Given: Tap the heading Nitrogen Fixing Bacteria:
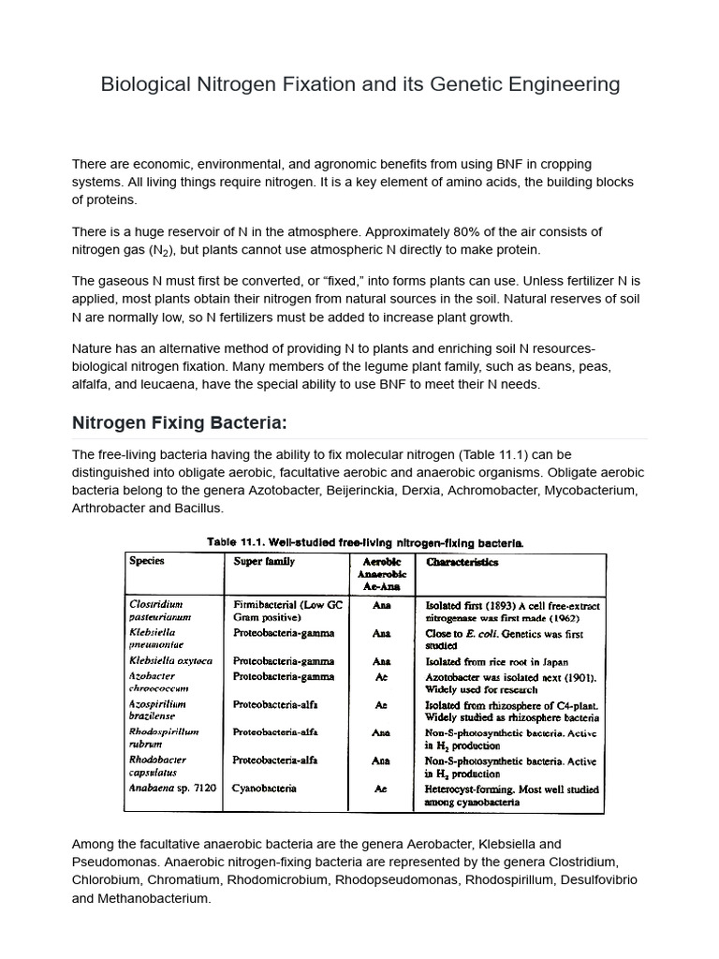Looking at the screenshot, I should tap(166, 422).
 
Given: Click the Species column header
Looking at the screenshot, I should tap(146, 561).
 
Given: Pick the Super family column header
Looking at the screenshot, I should tap(264, 561).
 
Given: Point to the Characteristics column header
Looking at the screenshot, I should tap(462, 562).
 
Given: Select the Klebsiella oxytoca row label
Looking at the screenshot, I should tap(171, 660).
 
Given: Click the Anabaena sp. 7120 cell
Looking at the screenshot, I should tap(172, 789).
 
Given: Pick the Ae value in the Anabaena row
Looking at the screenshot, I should tap(381, 789).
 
